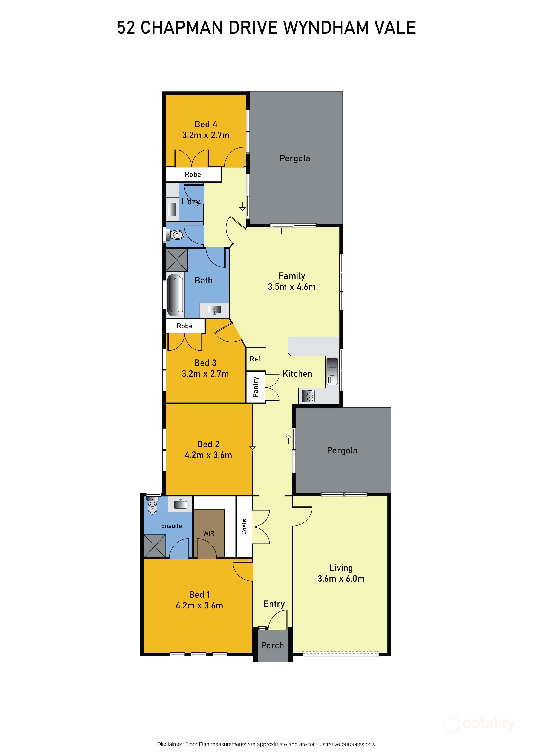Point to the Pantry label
[x=256, y=387]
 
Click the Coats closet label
[x=244, y=527]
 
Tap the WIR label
[x=208, y=534]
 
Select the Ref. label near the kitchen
[x=256, y=359]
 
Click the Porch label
[x=272, y=645]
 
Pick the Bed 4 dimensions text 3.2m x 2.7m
[x=206, y=135]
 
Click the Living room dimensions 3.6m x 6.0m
[x=341, y=579]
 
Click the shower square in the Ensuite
[x=155, y=546]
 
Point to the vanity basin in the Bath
[x=214, y=310]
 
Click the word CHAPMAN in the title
[x=182, y=27]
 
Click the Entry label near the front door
[x=274, y=604]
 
